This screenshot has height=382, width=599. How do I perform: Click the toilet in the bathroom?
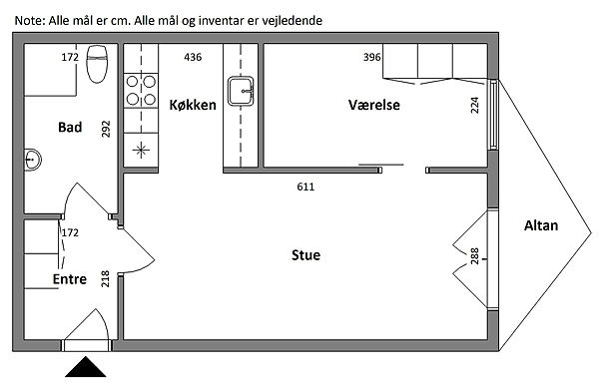pos(97,64)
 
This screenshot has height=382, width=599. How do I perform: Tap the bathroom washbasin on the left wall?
pos(33,160)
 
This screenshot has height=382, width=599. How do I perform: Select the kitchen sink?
pos(241,91)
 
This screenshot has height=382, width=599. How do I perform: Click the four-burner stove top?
pos(141,91)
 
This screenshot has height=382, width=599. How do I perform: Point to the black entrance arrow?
pos(85,367)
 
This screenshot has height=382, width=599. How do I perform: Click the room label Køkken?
pos(193,105)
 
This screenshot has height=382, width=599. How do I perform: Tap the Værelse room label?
pos(374,105)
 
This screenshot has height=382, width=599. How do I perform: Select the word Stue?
pos(305,255)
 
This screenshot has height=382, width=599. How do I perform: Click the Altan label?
pos(541,225)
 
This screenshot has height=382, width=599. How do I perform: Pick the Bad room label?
pos(70,127)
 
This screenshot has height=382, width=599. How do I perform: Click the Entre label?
pos(70,279)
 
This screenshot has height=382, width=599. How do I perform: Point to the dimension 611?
pos(305,187)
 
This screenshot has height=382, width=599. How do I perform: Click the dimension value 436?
pos(193,57)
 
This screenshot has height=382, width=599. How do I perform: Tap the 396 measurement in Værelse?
pos(371,57)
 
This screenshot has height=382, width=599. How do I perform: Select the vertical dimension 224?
pos(475,105)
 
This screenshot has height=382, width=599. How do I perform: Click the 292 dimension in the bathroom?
pos(106,129)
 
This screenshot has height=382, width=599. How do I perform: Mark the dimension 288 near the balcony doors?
pos(474,256)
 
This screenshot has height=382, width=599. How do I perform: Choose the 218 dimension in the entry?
pos(105,278)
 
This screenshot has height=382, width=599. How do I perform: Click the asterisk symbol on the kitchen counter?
pos(141,150)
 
